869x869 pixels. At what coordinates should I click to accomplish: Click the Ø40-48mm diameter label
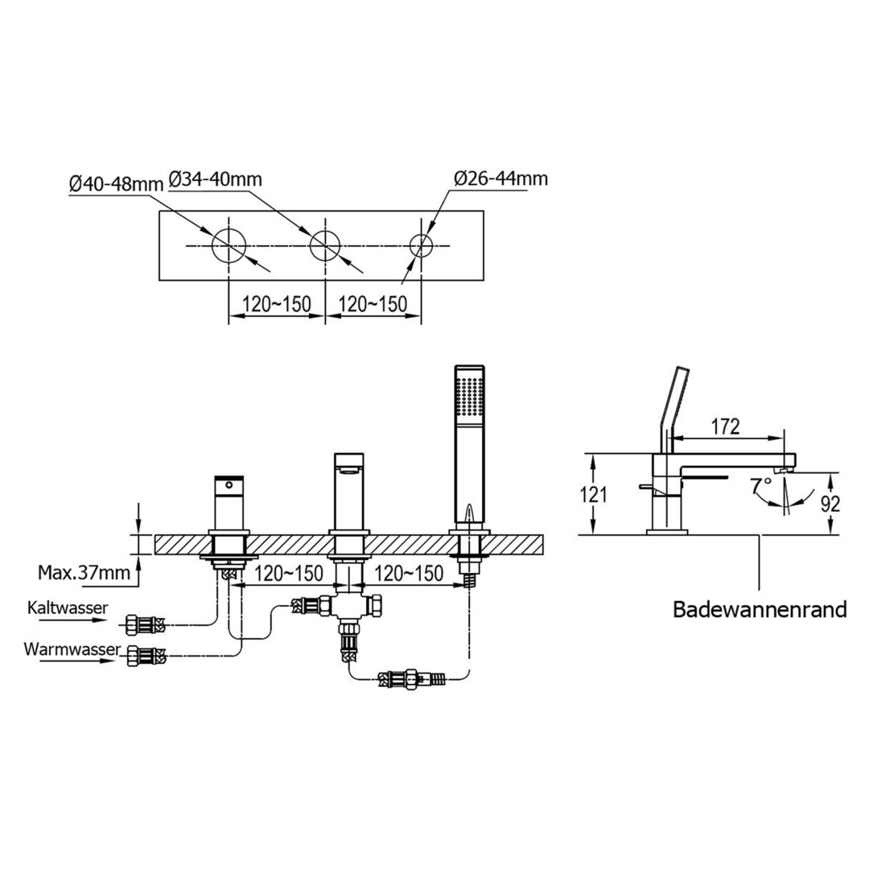116,183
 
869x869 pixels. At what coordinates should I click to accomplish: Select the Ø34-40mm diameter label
214,179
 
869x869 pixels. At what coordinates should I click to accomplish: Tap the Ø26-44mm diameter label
500,178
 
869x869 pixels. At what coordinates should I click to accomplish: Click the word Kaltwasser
68,607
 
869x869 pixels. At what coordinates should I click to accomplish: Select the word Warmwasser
72,649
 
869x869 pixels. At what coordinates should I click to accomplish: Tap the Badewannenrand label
760,610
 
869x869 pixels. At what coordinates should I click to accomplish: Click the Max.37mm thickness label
84,572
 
